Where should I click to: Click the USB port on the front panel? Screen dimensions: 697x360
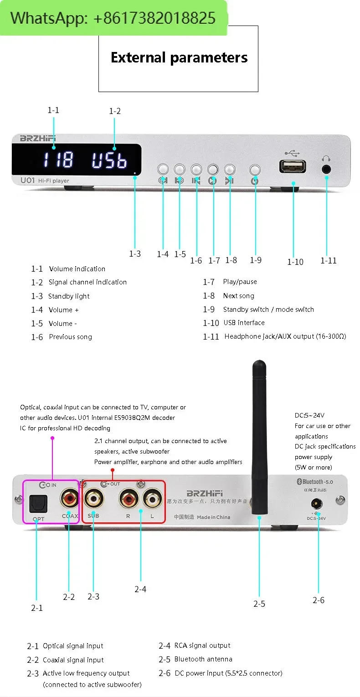pos(293,167)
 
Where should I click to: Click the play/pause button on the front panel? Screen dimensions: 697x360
pos(213,170)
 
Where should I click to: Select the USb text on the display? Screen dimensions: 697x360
pos(109,160)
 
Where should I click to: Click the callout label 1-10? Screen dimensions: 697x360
pos(295,262)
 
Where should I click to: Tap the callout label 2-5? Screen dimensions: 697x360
pos(259,604)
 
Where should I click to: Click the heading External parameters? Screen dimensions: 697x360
pos(179,58)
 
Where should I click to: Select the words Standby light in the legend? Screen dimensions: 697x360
pos(69,296)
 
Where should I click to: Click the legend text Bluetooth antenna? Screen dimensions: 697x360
pos(203,659)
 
